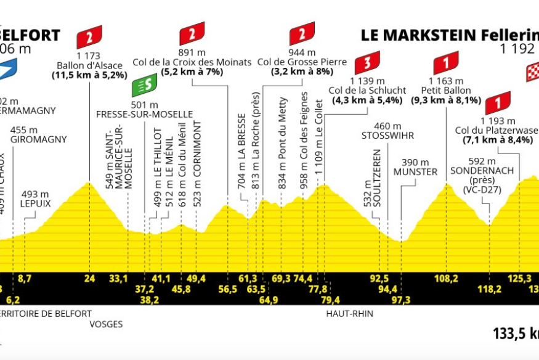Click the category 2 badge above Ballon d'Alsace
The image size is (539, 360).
[89, 38]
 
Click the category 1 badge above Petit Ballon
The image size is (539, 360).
[445, 63]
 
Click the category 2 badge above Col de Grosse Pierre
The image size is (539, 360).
[302, 33]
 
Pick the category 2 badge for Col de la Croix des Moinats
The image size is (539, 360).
[192, 33]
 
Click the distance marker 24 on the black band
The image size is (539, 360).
[90, 279]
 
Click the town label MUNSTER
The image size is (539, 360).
[415, 171]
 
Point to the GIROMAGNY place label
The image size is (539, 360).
[38, 139]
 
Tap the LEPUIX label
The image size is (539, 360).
[34, 202]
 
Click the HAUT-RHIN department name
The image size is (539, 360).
[350, 313]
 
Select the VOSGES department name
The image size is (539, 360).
[105, 324]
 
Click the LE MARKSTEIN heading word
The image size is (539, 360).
[406, 35]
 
